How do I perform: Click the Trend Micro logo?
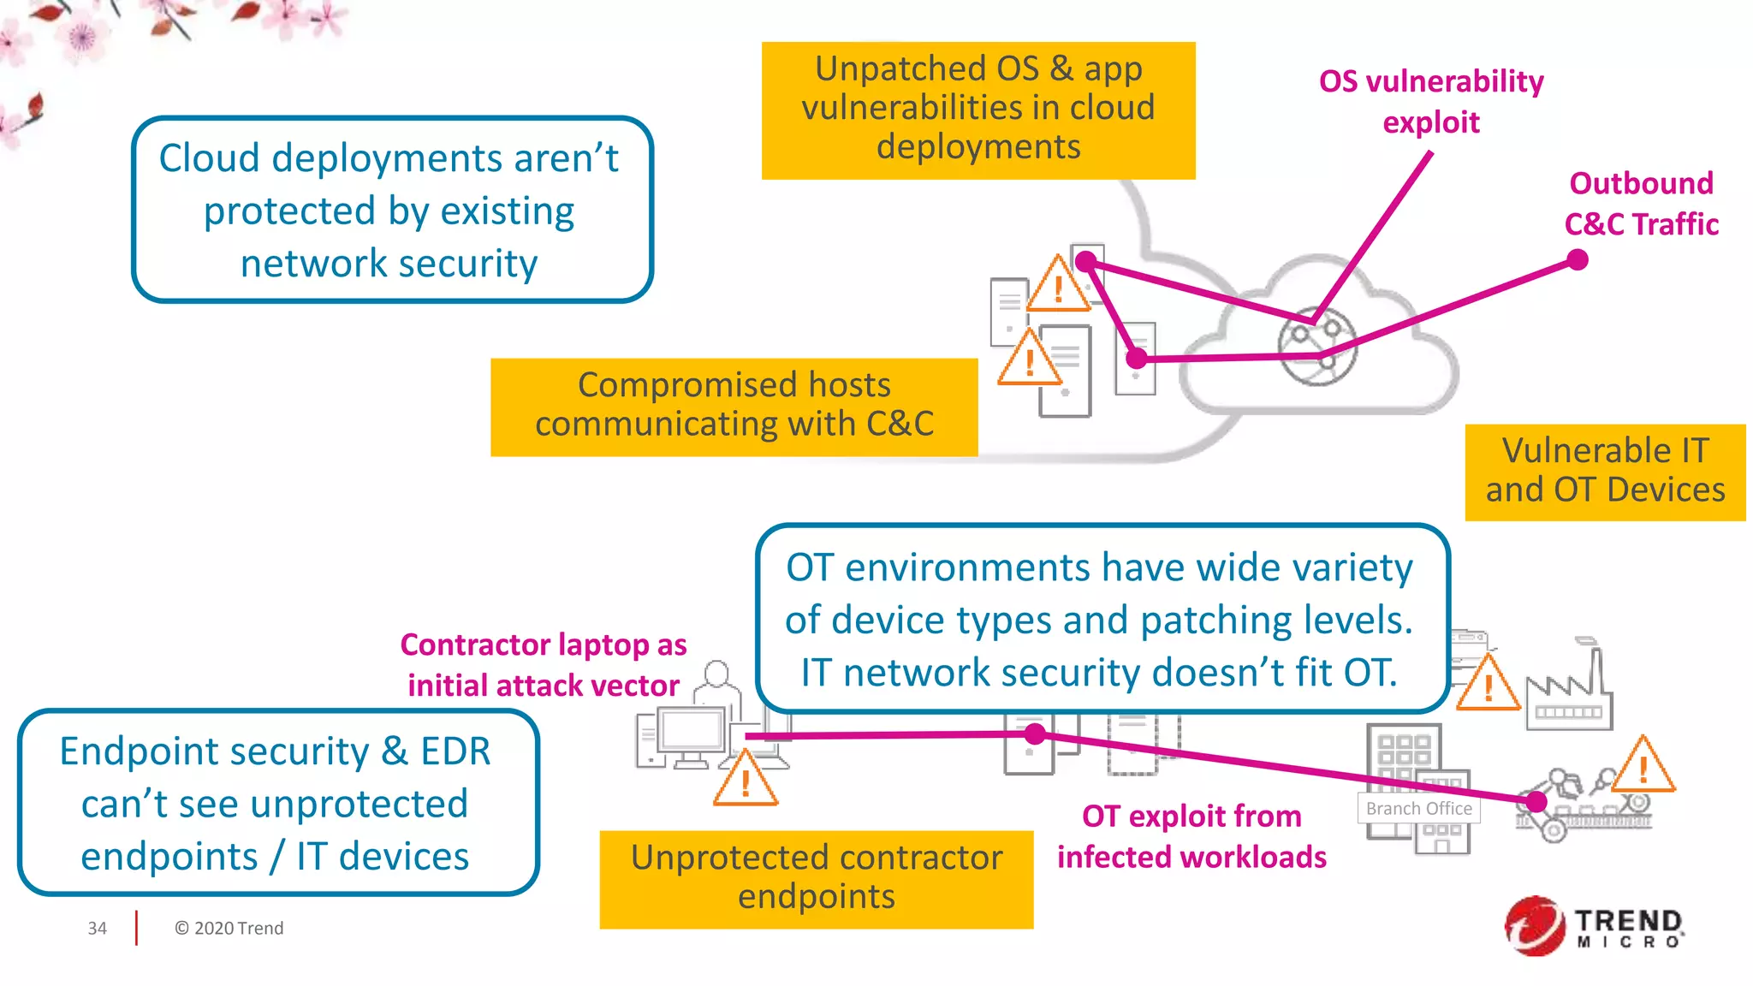1594,926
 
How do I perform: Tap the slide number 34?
97,929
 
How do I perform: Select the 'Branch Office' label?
1418,809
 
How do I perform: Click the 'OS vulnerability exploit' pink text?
1431,101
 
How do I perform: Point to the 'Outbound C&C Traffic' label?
1641,204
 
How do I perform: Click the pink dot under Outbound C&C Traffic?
1578,259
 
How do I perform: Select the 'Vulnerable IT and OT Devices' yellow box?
1605,472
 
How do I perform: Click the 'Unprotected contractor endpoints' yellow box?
816,878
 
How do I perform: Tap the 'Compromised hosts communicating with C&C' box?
734,406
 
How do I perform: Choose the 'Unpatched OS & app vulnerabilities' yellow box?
978,110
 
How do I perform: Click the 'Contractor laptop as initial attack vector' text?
543,665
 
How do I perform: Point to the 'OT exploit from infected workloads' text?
1191,836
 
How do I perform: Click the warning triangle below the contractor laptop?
746,780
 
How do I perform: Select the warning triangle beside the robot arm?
1643,766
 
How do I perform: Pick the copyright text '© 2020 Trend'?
229,929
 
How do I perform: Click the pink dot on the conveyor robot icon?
1536,802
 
